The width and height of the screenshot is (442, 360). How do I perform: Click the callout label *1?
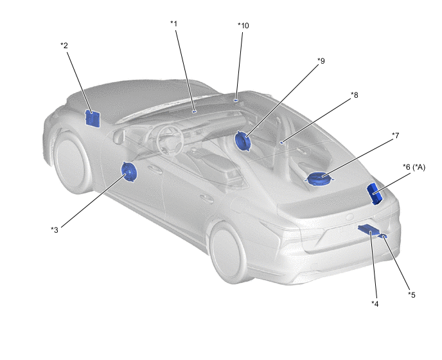click(x=174, y=24)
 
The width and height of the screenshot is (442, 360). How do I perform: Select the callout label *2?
click(x=64, y=46)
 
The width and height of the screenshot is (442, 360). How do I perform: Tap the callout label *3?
click(x=55, y=230)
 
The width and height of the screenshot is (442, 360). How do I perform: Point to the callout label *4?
click(x=375, y=304)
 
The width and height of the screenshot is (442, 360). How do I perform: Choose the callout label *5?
click(x=412, y=295)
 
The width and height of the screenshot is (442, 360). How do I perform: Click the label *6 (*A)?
click(x=414, y=167)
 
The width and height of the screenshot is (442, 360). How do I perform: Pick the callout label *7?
click(x=396, y=136)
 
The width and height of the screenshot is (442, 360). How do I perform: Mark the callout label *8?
click(x=355, y=95)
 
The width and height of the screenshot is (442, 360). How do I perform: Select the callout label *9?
click(x=321, y=60)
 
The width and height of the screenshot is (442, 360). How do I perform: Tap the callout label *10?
click(x=243, y=26)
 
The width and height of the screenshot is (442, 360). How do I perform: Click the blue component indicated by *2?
click(x=93, y=118)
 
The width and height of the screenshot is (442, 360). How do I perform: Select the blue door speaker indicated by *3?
click(x=129, y=172)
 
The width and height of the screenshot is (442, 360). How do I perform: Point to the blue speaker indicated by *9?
click(x=243, y=141)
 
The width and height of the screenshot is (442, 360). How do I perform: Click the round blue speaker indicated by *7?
click(x=319, y=179)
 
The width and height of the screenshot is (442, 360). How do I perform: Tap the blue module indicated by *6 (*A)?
click(x=375, y=194)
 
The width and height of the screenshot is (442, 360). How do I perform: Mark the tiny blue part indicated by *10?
click(x=236, y=100)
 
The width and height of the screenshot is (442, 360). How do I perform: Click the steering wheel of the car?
click(x=170, y=140)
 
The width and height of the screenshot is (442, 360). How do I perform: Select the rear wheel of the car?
click(x=228, y=253)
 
